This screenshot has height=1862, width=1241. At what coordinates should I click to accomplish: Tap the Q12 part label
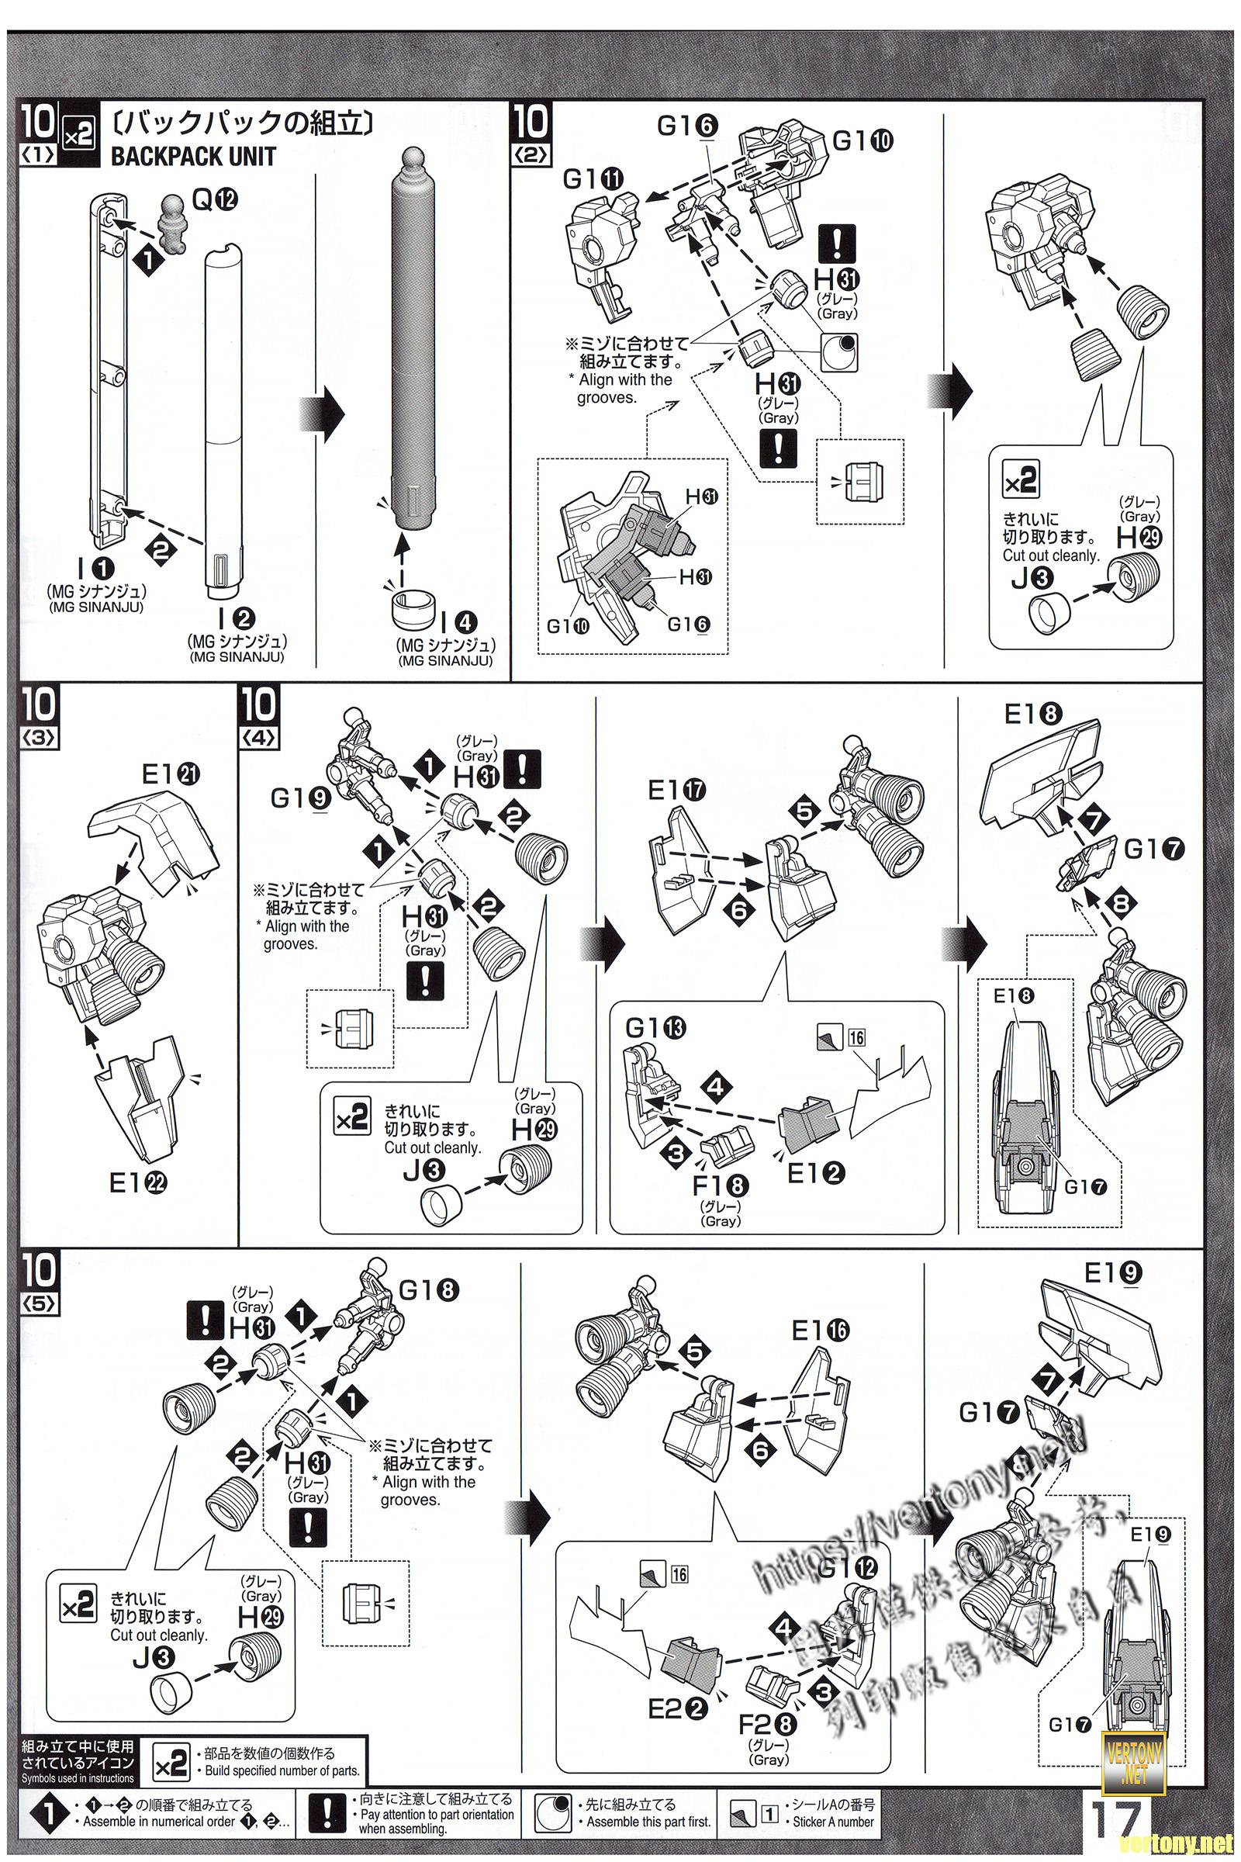[215, 202]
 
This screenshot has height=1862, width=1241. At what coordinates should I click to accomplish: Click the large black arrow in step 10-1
[323, 414]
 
